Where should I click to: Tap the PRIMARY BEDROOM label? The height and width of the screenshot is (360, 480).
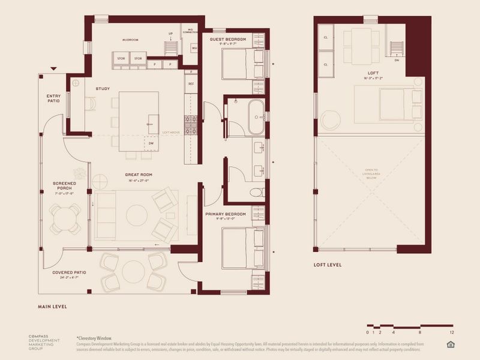tap(226, 214)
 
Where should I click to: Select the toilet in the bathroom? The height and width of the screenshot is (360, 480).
tap(257, 192)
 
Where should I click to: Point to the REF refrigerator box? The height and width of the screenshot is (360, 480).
tap(191, 84)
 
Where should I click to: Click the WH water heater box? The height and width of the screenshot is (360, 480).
tap(194, 48)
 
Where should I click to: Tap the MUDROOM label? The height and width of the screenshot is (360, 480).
tap(130, 40)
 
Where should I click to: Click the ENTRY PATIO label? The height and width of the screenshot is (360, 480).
tap(49, 98)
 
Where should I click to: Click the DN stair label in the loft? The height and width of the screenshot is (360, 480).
tap(397, 60)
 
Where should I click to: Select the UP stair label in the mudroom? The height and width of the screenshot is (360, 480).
tap(170, 34)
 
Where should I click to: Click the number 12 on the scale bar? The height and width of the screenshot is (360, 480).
tap(451, 332)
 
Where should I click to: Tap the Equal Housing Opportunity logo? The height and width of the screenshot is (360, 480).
tap(451, 344)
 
